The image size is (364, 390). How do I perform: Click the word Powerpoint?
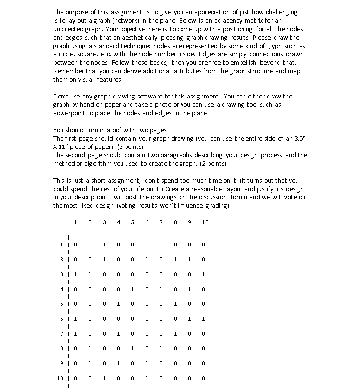70,113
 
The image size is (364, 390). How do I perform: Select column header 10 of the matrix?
205,222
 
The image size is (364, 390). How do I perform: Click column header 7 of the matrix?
161,222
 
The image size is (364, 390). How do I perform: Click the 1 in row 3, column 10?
204,274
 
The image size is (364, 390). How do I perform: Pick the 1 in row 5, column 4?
118,304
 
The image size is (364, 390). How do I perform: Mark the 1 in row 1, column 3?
104,244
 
